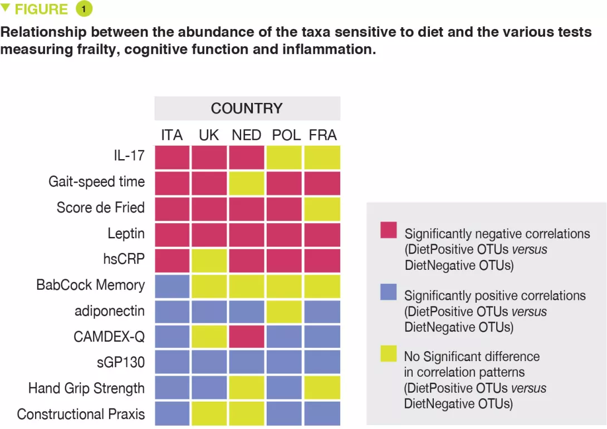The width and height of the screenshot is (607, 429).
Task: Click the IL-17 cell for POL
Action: click(x=285, y=157)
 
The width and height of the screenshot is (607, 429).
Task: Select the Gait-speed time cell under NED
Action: click(x=247, y=183)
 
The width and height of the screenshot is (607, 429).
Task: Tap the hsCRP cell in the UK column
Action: click(x=209, y=260)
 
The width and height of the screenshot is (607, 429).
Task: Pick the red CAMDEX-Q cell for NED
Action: click(x=247, y=336)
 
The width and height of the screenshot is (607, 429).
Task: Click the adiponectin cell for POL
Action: click(x=285, y=311)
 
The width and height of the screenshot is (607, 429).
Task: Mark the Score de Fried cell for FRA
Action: click(x=322, y=209)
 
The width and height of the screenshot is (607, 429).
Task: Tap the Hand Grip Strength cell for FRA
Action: click(x=322, y=388)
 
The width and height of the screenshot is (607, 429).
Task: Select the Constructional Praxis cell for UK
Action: click(x=209, y=413)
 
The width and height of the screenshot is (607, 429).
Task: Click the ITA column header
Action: click(x=172, y=135)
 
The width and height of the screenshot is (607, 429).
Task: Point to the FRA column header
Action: click(x=322, y=135)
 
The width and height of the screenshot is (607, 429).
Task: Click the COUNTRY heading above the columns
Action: click(x=247, y=108)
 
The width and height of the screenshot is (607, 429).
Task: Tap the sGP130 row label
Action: click(x=121, y=363)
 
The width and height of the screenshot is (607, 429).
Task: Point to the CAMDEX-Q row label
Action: click(x=109, y=337)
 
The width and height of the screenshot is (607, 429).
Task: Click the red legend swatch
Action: click(x=388, y=230)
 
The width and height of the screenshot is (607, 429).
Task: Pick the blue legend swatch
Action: click(x=388, y=291)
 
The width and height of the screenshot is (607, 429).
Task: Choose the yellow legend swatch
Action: click(x=388, y=353)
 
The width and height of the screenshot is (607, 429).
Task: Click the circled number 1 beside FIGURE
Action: click(x=84, y=9)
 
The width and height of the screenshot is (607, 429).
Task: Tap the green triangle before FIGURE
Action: click(x=6, y=8)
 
